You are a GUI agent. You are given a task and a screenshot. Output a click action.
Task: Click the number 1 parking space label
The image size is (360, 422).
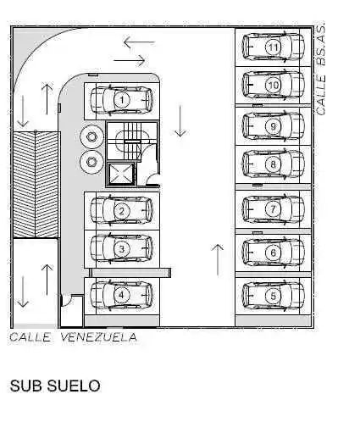click(x=122, y=100)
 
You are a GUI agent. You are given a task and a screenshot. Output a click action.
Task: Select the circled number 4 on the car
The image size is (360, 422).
click(x=121, y=295)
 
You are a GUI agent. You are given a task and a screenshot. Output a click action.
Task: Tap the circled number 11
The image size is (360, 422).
click(x=273, y=47)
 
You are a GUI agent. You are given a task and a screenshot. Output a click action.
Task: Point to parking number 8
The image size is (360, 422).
click(x=273, y=164)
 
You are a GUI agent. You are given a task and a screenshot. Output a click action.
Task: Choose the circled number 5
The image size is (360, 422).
click(x=273, y=296)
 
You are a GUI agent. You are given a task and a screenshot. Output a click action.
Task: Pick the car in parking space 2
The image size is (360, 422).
click(x=121, y=211)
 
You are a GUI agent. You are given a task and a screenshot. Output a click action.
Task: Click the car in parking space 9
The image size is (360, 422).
click(x=274, y=126)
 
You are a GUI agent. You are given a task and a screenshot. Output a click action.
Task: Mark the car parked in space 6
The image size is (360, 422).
click(x=274, y=253)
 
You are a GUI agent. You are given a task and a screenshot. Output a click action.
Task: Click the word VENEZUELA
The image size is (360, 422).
click(x=99, y=337)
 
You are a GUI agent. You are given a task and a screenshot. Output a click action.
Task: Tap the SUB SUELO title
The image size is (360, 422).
click(x=55, y=386)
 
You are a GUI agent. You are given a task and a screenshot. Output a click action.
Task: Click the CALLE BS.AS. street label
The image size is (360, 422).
click(x=320, y=69)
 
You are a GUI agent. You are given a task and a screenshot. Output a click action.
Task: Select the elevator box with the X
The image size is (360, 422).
click(x=120, y=174)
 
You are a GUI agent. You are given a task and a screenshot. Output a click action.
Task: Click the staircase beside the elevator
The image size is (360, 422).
click(x=132, y=141)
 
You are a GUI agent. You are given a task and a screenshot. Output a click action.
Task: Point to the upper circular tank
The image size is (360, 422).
click(x=91, y=136)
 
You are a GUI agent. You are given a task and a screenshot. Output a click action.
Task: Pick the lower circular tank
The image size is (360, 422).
click(x=91, y=162)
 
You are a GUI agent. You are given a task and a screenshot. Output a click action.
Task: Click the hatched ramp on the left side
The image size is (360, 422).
click(x=36, y=185)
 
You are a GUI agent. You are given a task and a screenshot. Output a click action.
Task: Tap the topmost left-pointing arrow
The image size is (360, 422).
click(x=139, y=42)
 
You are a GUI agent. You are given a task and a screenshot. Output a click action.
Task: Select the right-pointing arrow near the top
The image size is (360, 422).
click(x=130, y=60)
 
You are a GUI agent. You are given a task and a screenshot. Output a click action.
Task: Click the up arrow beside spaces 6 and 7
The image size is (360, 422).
click(x=217, y=259)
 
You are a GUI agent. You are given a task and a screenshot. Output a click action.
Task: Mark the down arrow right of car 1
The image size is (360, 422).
click(x=180, y=121)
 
